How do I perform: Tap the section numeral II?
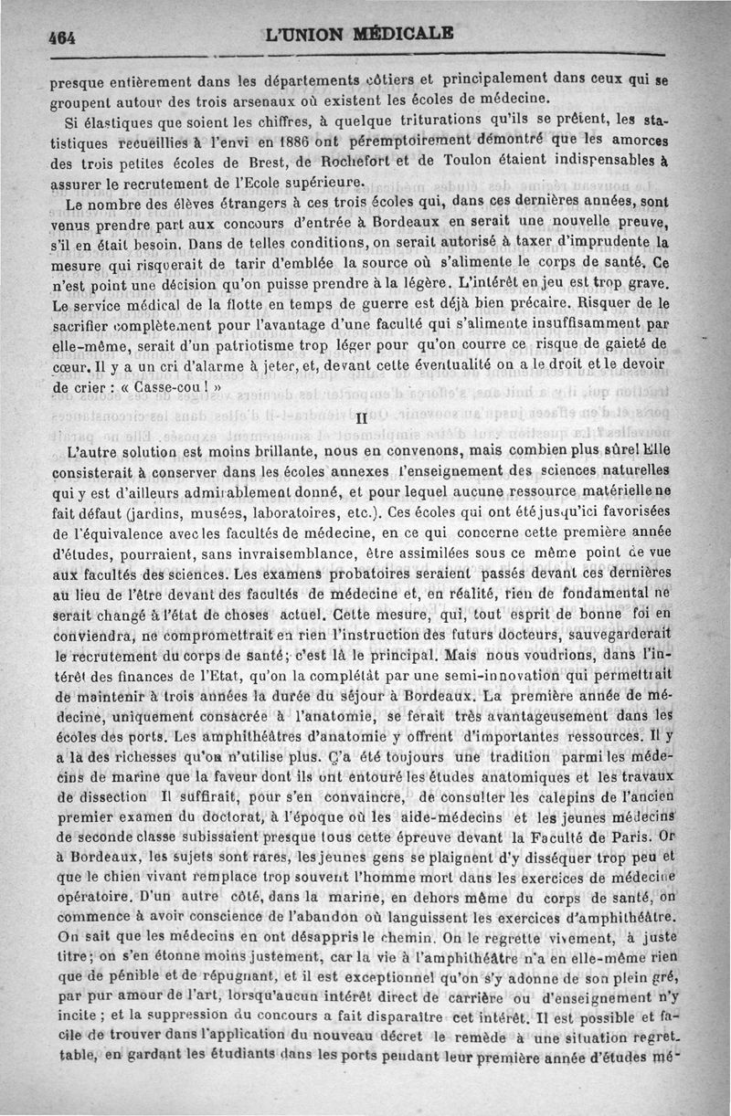click(x=360, y=419)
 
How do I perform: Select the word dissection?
click(x=101, y=794)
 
